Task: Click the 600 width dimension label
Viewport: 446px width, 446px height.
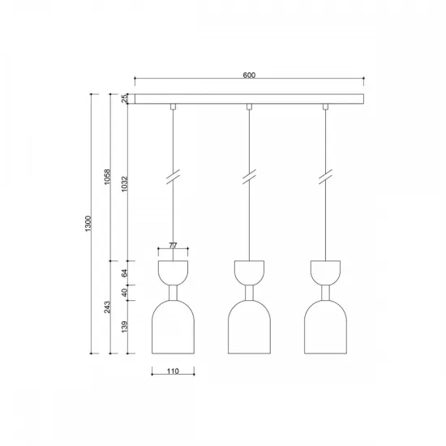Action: tap(249, 75)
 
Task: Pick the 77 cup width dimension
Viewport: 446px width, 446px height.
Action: tap(172, 243)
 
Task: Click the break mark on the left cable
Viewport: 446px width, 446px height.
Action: tap(173, 178)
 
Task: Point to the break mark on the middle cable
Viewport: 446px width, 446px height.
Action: tap(250, 178)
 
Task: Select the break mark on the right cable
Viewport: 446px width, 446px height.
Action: tap(326, 178)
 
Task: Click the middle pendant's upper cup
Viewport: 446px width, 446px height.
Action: tap(250, 270)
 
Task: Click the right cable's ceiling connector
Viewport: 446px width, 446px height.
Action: tap(326, 107)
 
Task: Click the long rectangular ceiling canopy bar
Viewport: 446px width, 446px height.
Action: tap(249, 99)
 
